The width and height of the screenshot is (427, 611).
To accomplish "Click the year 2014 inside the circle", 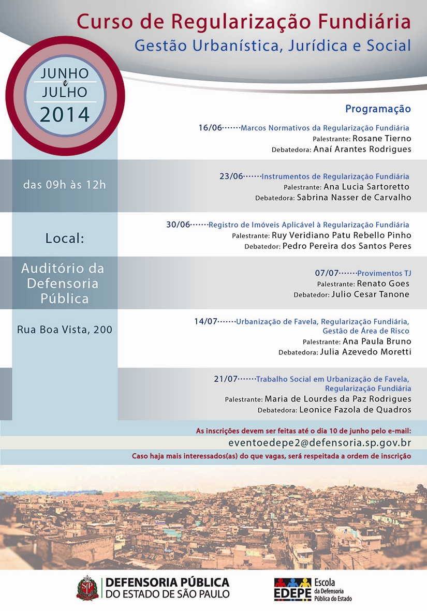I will click(65, 114).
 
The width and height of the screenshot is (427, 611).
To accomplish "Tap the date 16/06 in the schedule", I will click(210, 128).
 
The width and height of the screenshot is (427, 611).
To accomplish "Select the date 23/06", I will click(231, 176).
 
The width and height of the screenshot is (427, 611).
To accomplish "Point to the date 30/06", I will click(178, 225).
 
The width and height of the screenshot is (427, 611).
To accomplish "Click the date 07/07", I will click(327, 273).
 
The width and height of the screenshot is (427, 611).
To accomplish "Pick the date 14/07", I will click(206, 321).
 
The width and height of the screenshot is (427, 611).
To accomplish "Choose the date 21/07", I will click(225, 379).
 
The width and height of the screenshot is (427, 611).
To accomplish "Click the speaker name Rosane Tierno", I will click(382, 139).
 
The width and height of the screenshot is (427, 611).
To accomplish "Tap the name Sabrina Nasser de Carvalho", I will click(354, 197).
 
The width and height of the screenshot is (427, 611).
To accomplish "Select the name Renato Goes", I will click(383, 284).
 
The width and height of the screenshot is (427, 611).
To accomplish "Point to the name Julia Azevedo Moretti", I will click(365, 352).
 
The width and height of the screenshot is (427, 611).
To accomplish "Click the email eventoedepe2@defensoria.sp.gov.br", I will click(319, 443).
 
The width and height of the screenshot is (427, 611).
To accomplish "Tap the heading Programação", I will click(378, 109).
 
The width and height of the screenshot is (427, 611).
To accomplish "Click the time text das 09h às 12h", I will click(64, 185).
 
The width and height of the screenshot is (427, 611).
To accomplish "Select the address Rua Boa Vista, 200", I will click(65, 330).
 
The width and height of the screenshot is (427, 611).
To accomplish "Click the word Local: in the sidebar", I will click(65, 239).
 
